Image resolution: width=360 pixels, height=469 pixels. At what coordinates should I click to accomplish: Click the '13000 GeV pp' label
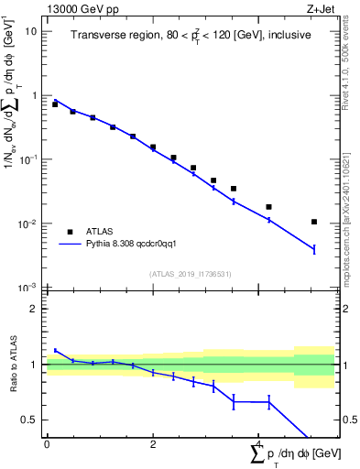coord(80,9)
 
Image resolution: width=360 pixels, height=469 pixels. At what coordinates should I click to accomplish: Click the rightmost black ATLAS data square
coord(314,222)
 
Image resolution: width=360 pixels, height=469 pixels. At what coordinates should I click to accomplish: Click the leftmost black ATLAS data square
coord(55,104)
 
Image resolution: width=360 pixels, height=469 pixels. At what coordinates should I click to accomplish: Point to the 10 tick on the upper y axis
coord(30,30)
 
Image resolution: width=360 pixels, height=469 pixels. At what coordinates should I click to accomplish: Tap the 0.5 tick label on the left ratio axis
coord(27,420)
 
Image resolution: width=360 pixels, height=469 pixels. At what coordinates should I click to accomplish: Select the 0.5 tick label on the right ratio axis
coord(349,420)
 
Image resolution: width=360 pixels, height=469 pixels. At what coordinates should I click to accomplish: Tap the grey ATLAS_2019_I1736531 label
coord(191,274)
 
